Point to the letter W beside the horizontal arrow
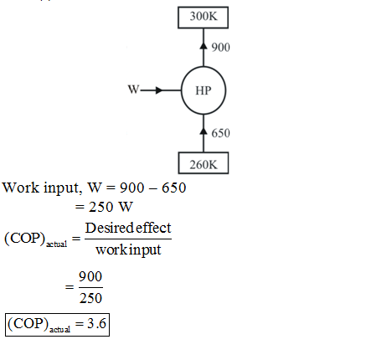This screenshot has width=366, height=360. (133, 90)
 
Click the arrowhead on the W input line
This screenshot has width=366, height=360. (159, 90)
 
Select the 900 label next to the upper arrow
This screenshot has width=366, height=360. (220, 48)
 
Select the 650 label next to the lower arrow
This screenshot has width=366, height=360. (220, 133)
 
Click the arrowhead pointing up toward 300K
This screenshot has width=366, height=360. (204, 45)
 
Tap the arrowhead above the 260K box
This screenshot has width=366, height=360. (204, 131)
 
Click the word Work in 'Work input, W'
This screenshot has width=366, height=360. (21, 188)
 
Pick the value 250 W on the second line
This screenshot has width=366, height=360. (111, 207)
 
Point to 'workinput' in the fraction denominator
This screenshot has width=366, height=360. (128, 249)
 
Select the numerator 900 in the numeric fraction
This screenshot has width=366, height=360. (90, 277)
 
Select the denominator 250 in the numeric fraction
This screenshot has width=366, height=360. (90, 298)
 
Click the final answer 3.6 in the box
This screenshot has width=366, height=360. (96, 324)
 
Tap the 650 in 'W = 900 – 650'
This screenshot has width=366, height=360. (174, 188)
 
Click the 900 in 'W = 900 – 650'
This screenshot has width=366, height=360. (131, 188)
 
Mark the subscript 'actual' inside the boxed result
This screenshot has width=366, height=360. (59, 330)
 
